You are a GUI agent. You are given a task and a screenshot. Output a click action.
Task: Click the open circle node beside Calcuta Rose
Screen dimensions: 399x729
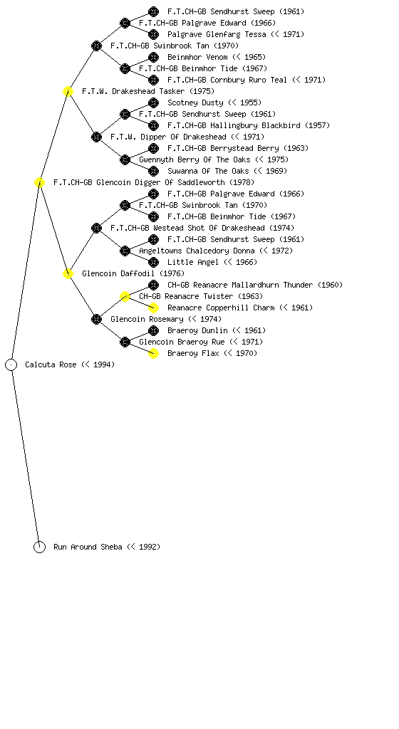coord(11,364)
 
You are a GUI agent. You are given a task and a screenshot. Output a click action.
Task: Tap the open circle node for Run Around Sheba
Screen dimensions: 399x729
coord(39,547)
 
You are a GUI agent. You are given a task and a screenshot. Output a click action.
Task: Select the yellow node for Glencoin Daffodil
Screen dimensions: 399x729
coord(68,273)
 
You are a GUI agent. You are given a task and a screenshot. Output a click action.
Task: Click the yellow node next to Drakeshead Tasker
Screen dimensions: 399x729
coord(68,91)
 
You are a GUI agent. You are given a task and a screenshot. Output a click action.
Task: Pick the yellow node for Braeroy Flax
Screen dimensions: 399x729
coord(153,353)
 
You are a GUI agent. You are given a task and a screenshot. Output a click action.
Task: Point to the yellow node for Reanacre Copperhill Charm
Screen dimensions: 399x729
coord(153,308)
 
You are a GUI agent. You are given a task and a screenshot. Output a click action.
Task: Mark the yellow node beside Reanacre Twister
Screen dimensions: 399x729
coord(125,296)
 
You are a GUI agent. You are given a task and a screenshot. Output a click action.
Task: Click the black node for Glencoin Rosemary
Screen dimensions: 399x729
coord(96,319)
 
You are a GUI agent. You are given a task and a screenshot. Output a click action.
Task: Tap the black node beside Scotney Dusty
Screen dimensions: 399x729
coord(153,103)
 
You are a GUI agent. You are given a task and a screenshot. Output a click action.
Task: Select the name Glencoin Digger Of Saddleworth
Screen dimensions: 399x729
coord(160,183)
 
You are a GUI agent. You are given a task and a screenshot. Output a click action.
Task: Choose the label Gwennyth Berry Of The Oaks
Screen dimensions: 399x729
coord(195,159)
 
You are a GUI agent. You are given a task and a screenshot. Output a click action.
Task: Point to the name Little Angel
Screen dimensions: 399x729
coord(193,262)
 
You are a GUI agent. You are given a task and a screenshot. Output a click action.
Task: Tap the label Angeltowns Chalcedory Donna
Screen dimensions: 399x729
coord(197,251)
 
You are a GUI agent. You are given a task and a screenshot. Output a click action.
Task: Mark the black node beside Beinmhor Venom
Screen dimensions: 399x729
coord(153,57)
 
